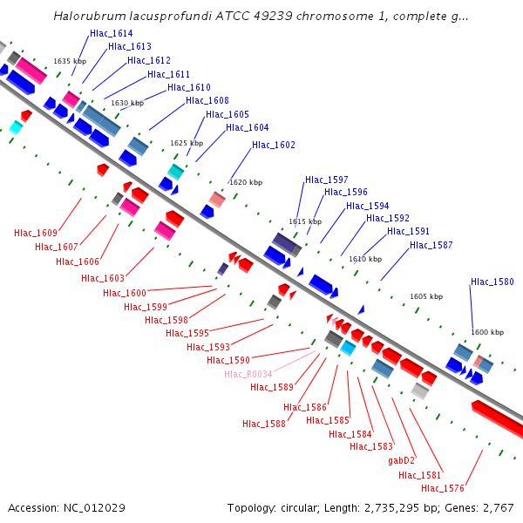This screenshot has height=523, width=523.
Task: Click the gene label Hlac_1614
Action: coord(111,33)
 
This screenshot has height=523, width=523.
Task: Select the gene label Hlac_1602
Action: coord(274,145)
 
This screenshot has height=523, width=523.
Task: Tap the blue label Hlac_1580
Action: coord(492,282)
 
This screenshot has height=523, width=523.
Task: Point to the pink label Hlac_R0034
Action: coord(248,374)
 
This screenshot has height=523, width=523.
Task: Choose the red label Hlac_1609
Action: coord(36,233)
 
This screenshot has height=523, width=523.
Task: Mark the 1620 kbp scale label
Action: coord(246,182)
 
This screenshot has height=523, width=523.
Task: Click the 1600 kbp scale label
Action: coord(487,332)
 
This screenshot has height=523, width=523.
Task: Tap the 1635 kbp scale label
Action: coord(70,61)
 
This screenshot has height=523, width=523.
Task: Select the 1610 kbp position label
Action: coord(365,258)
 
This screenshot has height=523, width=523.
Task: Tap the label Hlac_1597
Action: coord(327,180)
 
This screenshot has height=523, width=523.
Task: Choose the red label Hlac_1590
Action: coord(228,360)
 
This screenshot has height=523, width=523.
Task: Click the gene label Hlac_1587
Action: coord(431,245)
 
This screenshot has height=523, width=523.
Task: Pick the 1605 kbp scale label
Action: coord(426,296)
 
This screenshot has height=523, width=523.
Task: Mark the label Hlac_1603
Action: coord(103,278)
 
